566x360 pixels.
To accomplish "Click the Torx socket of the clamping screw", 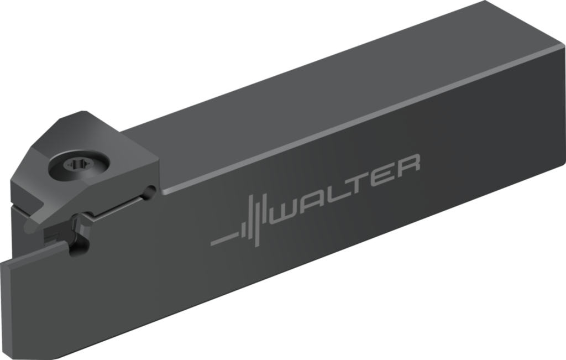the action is click(75, 165).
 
